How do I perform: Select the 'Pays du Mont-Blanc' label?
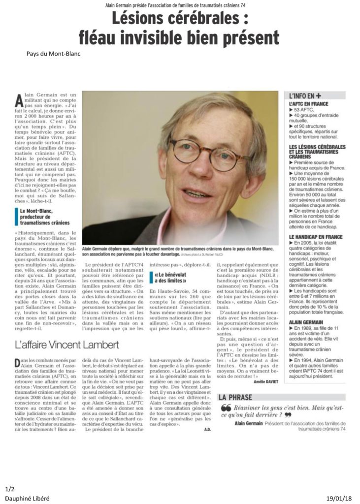(53, 54)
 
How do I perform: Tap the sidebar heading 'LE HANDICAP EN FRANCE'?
(316, 237)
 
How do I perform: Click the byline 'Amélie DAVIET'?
(266, 381)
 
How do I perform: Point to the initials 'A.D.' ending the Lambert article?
(207, 429)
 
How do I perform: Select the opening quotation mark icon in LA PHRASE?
(226, 408)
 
